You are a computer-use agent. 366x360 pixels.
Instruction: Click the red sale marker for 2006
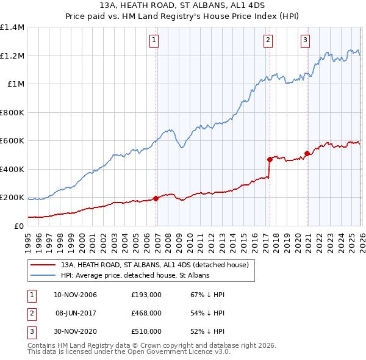(156, 198)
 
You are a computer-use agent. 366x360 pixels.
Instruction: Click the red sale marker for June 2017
(269, 159)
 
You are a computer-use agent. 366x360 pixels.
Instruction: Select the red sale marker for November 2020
(307, 153)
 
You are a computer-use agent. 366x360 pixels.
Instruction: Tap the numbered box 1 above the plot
(154, 41)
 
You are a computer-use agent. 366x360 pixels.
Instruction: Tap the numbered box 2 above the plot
(268, 41)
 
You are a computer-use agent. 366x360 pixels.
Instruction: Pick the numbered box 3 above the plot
(305, 41)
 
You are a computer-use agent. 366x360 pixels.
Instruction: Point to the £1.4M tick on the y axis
(12, 27)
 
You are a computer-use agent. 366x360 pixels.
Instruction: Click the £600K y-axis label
(12, 141)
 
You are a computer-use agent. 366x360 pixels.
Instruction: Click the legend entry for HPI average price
(135, 276)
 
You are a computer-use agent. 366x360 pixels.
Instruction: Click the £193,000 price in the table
(146, 295)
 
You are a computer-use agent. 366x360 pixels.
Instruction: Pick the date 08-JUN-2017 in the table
(76, 312)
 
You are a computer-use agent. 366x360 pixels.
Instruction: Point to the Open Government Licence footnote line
(129, 352)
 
